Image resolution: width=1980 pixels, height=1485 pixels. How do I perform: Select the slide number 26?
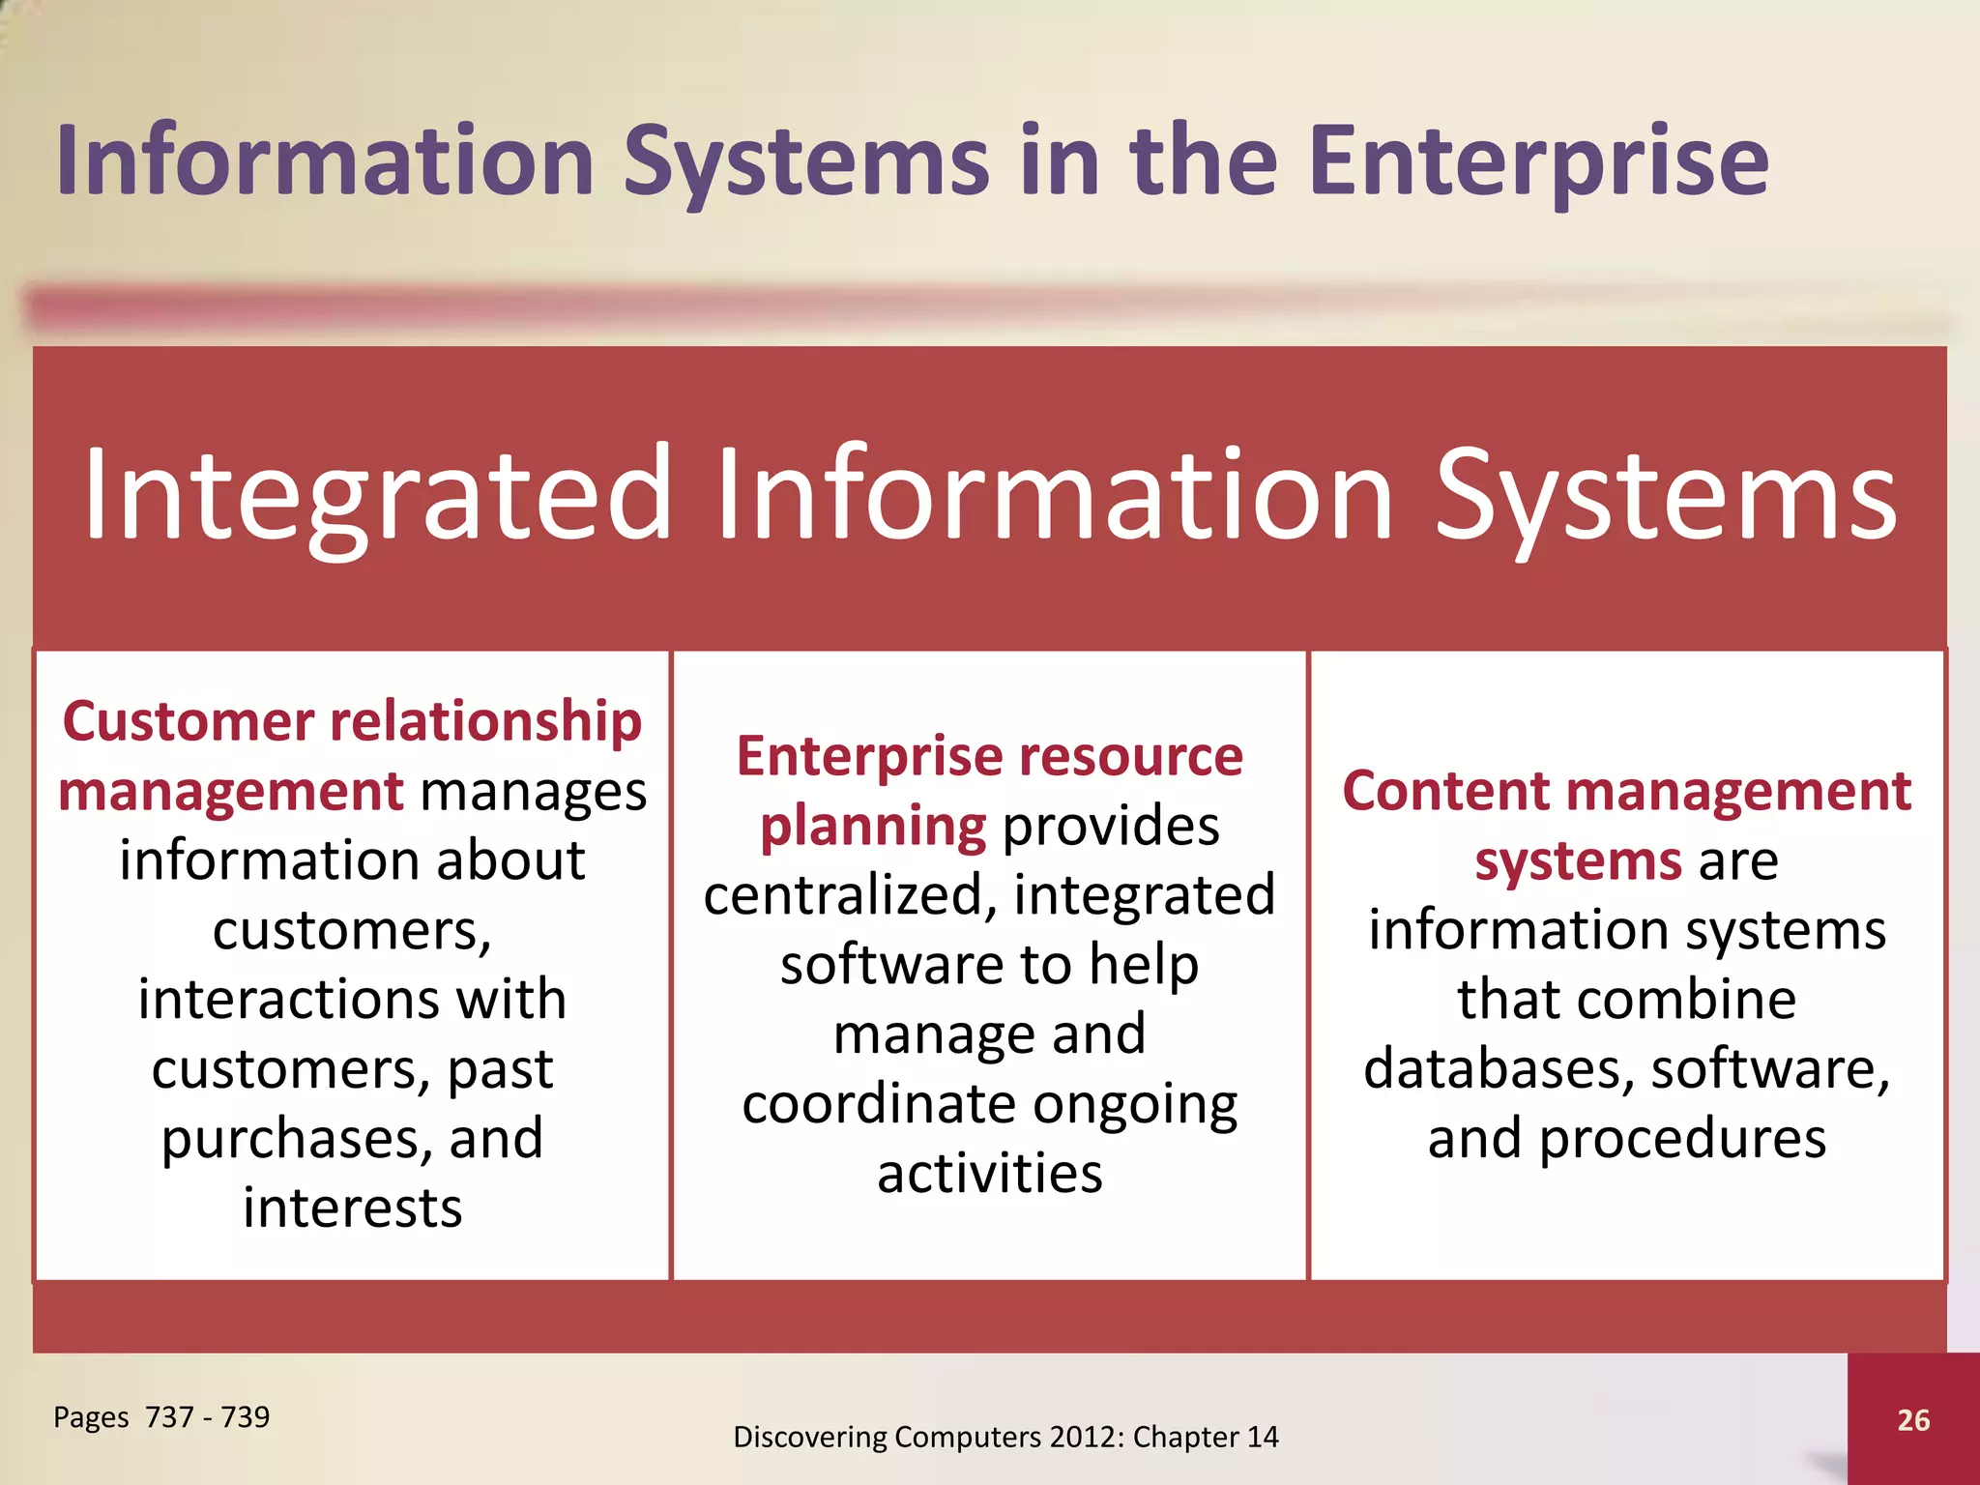(1913, 1419)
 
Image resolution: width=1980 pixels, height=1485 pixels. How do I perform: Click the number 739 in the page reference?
(246, 1416)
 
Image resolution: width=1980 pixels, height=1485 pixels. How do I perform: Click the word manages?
(533, 792)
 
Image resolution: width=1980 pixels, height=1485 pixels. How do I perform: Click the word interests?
(353, 1208)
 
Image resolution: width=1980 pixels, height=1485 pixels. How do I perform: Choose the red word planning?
(872, 827)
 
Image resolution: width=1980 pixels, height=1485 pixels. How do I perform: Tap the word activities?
(990, 1173)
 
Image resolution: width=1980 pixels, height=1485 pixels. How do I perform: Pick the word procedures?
(1682, 1139)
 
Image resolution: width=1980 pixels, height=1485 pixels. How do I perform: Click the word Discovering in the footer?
(810, 1437)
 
